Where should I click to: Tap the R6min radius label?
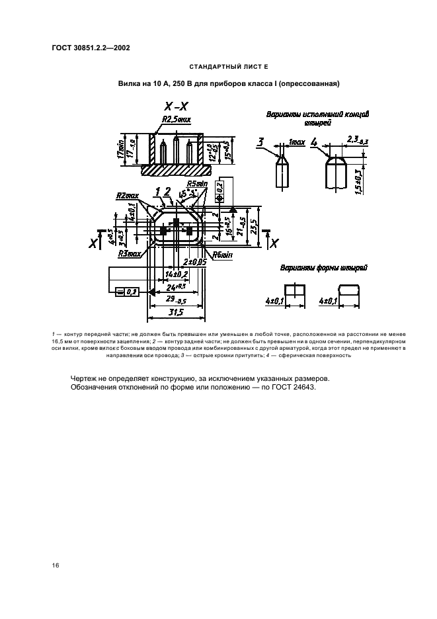(222, 255)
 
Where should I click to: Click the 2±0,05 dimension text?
(194, 262)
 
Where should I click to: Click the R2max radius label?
(127, 196)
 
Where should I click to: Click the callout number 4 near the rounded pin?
(313, 142)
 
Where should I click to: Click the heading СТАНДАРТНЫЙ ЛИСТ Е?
(227, 67)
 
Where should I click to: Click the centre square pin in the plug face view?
(176, 223)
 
